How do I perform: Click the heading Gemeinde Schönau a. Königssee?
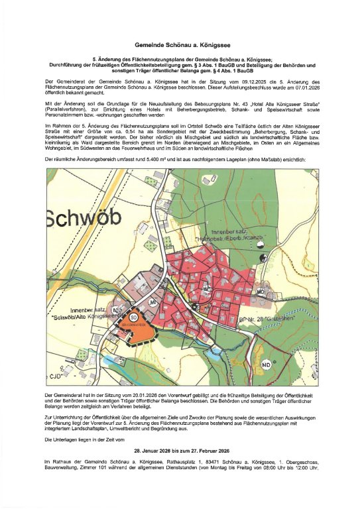[180, 42]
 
